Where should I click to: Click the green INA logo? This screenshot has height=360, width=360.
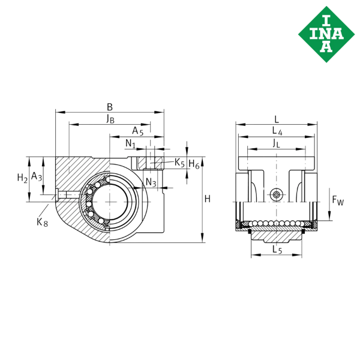(326, 34)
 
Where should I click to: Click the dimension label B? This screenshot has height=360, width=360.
(110, 107)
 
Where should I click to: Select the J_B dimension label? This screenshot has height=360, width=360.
(110, 119)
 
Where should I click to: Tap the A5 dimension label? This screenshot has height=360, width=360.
(138, 131)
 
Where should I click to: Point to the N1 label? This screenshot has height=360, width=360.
(130, 144)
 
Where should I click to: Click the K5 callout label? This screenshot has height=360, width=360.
(179, 163)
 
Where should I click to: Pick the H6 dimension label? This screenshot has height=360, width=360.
(194, 164)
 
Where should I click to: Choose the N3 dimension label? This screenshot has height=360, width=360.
(151, 182)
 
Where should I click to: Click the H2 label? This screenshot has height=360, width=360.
(23, 178)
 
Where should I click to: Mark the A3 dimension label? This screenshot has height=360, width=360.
(37, 176)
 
